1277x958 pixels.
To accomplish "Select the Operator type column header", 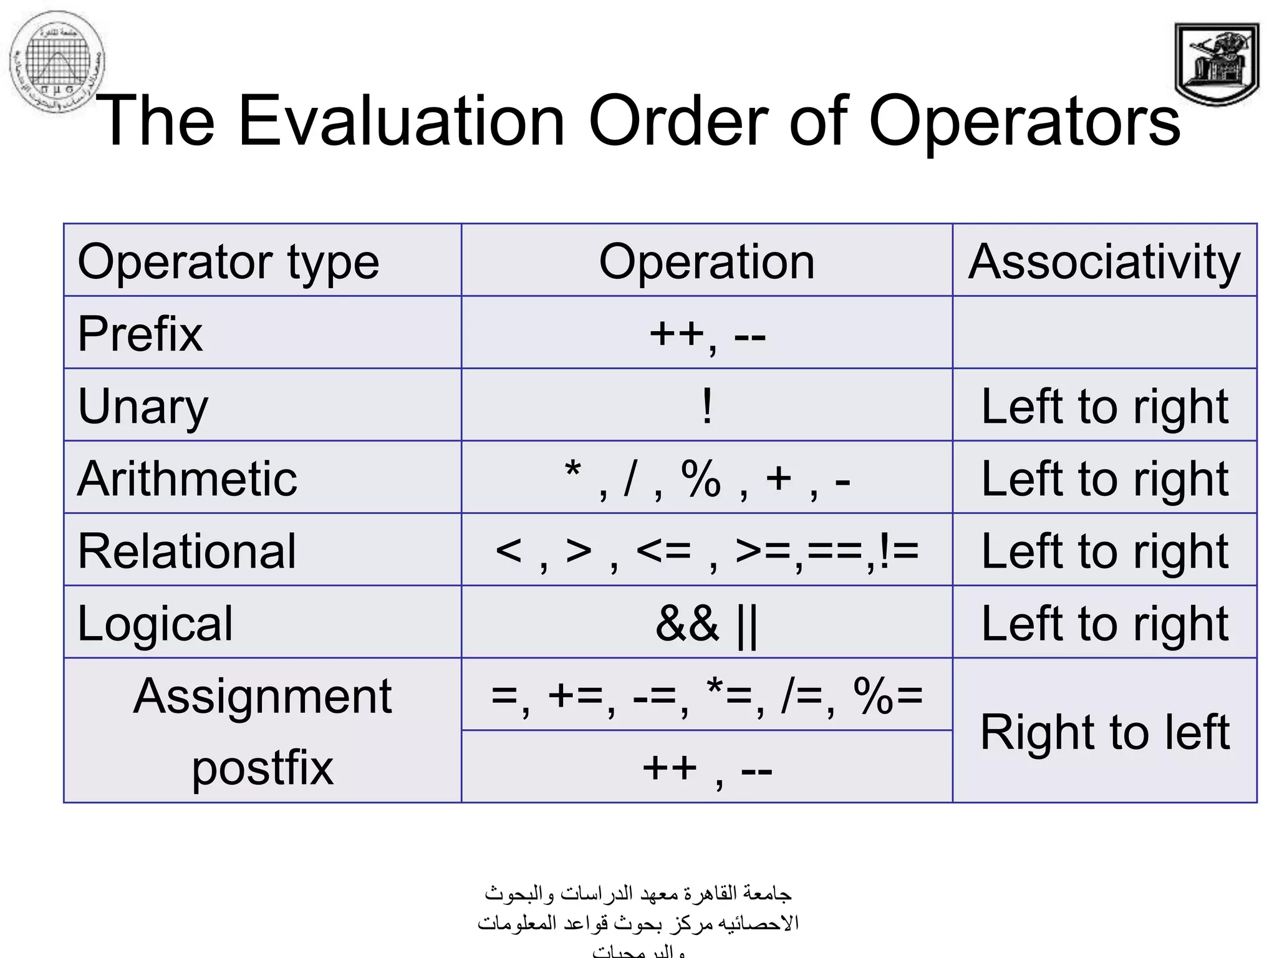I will (228, 261).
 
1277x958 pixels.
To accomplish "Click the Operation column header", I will (706, 261).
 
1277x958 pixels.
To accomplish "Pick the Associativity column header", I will (1104, 261).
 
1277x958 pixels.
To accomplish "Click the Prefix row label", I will (140, 334).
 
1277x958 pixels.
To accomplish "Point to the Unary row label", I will (143, 407).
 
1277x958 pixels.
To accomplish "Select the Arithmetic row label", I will (188, 478).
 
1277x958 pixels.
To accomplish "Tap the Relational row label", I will (187, 551).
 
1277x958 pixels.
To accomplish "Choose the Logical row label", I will (155, 623).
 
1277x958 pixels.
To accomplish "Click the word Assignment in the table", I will (263, 695).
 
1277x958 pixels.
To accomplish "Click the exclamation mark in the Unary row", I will (706, 406).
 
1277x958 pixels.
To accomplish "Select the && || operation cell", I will (706, 623).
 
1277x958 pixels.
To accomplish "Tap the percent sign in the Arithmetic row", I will (701, 478).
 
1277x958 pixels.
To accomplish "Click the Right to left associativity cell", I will (1104, 731).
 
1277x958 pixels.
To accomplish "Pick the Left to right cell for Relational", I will (1104, 551).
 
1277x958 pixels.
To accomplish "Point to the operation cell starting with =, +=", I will (706, 695).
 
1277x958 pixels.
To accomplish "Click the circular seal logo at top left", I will (57, 62).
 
